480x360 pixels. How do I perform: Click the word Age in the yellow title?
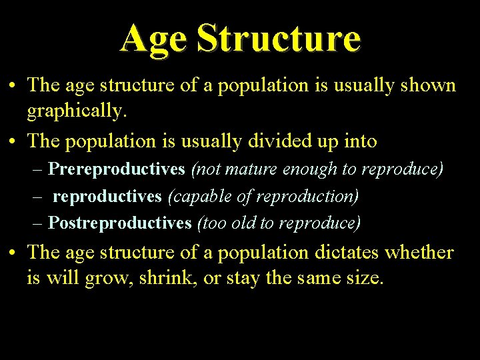click(153, 39)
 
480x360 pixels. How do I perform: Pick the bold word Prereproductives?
click(117, 169)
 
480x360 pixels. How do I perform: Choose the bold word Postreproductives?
click(120, 223)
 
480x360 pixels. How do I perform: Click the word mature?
click(252, 169)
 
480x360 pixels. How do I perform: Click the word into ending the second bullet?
click(361, 141)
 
